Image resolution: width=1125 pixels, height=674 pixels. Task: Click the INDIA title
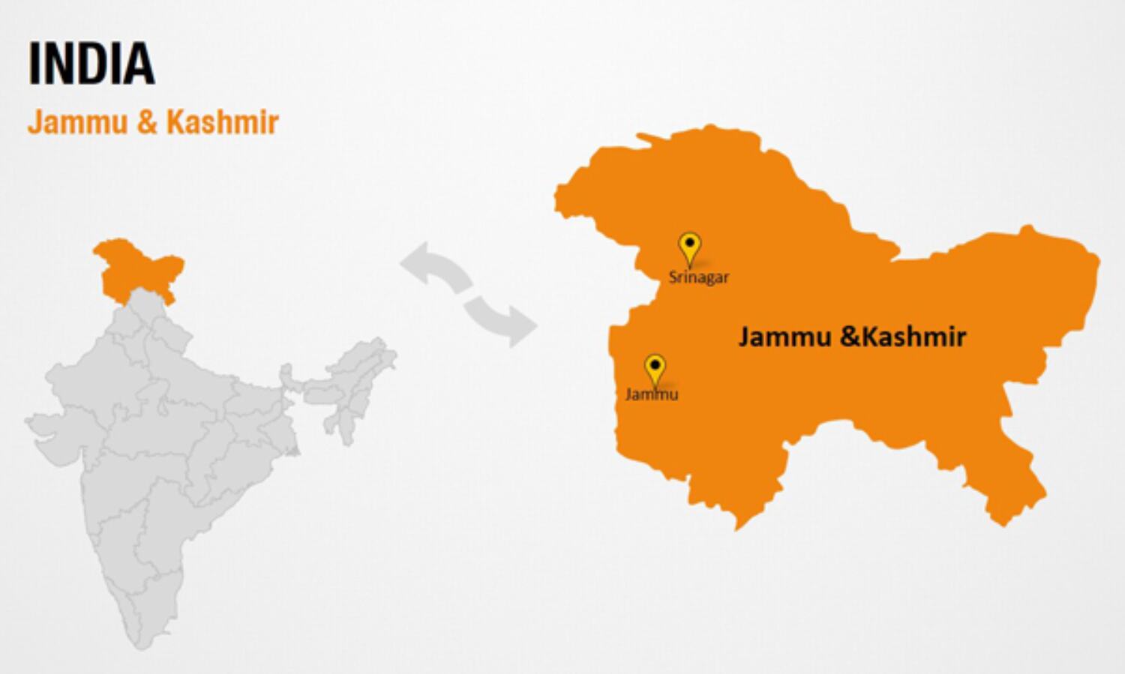point(91,64)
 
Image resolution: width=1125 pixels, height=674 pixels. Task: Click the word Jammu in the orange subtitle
point(77,122)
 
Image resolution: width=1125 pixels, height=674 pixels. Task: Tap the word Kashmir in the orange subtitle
point(222,122)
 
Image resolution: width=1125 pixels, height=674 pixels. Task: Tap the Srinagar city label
point(698,277)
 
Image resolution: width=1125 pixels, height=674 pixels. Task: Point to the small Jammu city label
point(652,394)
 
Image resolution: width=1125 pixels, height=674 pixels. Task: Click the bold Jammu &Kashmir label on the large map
point(852,337)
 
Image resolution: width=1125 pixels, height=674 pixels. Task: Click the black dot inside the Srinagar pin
point(689,242)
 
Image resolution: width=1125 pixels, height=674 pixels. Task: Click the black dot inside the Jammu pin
point(655,364)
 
